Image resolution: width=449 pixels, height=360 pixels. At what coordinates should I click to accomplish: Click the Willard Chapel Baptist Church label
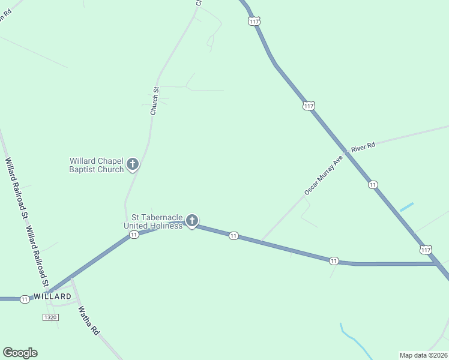click(x=96, y=165)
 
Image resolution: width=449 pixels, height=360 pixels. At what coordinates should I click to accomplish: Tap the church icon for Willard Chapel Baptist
click(x=133, y=164)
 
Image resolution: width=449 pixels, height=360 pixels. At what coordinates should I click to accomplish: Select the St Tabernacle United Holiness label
click(x=153, y=221)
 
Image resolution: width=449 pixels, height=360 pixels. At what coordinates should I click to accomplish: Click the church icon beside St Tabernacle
click(x=192, y=221)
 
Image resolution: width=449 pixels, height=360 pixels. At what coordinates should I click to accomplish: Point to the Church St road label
click(x=154, y=101)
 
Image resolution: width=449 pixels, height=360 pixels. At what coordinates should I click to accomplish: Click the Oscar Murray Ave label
click(x=323, y=176)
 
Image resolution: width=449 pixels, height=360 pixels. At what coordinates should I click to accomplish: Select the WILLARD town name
click(x=52, y=296)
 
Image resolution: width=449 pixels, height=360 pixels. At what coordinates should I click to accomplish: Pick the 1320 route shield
click(x=50, y=317)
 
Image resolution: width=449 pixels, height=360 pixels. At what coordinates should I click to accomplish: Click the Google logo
click(x=20, y=353)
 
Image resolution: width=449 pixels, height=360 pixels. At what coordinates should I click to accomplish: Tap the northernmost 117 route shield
click(x=254, y=21)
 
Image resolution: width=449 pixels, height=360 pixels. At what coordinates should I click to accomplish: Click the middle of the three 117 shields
click(x=309, y=106)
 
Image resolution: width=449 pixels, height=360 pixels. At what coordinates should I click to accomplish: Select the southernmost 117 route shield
click(x=426, y=249)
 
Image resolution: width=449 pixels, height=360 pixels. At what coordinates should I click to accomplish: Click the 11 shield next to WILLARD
click(x=25, y=299)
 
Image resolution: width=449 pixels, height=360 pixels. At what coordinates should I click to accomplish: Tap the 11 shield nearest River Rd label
click(x=373, y=185)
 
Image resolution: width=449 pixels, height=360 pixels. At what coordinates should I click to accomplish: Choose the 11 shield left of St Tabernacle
click(x=134, y=235)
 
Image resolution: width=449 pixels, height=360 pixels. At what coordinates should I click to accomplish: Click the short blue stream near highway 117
click(x=406, y=206)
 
